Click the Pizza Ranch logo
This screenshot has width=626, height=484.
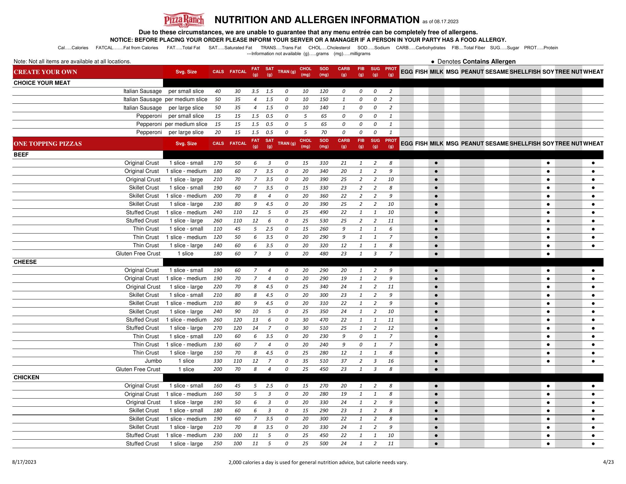pyautogui.click(x=184, y=20)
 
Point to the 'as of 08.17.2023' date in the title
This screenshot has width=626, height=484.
pyautogui.click(x=440, y=22)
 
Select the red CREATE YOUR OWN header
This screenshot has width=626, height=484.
pyautogui.click(x=46, y=72)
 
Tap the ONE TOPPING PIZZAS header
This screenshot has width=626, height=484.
pyautogui.click(x=48, y=144)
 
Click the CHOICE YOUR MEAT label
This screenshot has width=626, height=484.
pyautogui.click(x=42, y=83)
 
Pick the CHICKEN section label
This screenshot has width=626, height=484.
pyautogui.click(x=26, y=377)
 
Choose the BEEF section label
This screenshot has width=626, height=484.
pyautogui.click(x=21, y=155)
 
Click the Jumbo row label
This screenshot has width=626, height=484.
pyautogui.click(x=153, y=361)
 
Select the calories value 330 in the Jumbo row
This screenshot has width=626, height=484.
pyautogui.click(x=217, y=361)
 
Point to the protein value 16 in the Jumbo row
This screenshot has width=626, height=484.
pyautogui.click(x=391, y=361)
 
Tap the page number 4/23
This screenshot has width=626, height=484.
pyautogui.click(x=608, y=462)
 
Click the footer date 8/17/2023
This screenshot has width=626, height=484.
pyautogui.click(x=24, y=462)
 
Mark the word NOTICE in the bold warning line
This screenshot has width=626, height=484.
pyautogui.click(x=121, y=40)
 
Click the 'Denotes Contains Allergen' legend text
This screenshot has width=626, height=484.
pyautogui.click(x=476, y=62)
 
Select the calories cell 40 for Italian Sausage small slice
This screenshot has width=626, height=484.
pyautogui.click(x=217, y=91)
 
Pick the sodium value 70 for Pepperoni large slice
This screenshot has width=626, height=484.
pyautogui.click(x=324, y=132)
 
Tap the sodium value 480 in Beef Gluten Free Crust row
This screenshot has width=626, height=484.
pyautogui.click(x=324, y=254)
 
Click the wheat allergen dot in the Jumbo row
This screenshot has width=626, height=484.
pyautogui.click(x=593, y=361)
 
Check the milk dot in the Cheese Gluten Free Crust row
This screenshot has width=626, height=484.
pyautogui.click(x=436, y=370)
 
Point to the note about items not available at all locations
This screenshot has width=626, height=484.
pyautogui.click(x=72, y=61)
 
